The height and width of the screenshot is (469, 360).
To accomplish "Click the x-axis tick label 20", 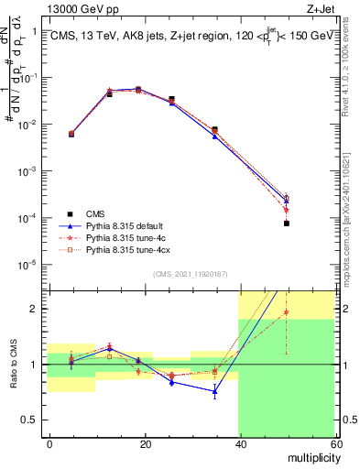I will tap(145, 442).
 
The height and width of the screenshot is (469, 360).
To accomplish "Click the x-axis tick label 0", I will tap(50, 442).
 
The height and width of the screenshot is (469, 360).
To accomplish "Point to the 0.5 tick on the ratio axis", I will tap(35, 420).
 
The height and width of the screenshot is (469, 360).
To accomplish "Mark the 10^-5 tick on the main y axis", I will tap(32, 265).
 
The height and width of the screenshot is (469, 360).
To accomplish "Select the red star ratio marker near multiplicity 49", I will tap(286, 312).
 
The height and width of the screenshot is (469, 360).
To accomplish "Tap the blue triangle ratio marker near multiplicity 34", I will tap(214, 391).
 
